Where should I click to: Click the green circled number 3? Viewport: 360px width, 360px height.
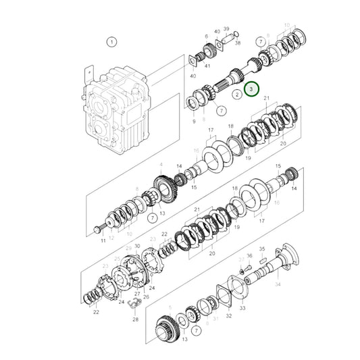tap(251, 88)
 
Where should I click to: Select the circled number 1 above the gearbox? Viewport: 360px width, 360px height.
tap(111, 41)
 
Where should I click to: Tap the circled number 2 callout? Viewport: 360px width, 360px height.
tap(237, 95)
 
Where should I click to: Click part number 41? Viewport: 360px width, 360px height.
tap(207, 66)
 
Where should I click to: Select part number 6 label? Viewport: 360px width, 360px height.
tap(206, 36)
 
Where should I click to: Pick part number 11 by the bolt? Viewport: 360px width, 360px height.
tap(103, 240)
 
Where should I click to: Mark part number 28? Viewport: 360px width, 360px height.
tap(134, 319)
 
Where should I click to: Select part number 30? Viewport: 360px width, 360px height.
tap(137, 247)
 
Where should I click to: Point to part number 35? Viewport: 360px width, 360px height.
tap(263, 249)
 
